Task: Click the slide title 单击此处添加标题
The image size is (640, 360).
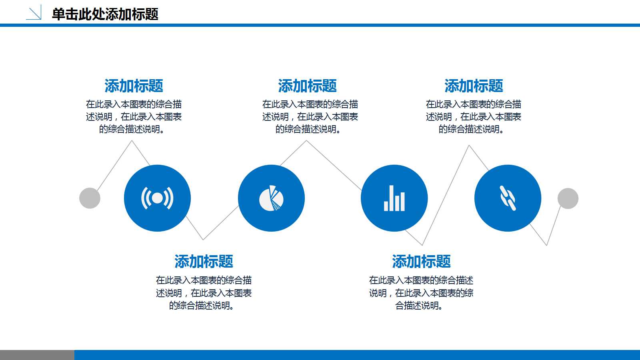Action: (x=105, y=14)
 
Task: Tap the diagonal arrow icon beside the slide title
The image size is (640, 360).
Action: (x=34, y=13)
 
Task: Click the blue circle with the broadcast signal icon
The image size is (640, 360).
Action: (x=157, y=198)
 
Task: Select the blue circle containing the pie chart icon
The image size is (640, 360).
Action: (x=271, y=198)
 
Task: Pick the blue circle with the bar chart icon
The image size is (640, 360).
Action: (x=394, y=198)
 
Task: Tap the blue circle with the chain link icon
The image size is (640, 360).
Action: (x=508, y=198)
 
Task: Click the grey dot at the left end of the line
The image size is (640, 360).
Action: (x=90, y=198)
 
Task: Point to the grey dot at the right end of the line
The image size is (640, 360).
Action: (x=568, y=198)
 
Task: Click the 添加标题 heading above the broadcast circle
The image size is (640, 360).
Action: (x=134, y=86)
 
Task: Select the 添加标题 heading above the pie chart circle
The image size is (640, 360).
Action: (x=307, y=86)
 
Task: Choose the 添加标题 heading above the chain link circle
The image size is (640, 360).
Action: (x=474, y=86)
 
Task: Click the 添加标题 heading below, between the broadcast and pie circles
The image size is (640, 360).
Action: (x=204, y=262)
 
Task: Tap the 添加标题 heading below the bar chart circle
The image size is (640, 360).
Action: (x=421, y=262)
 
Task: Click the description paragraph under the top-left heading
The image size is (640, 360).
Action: (x=134, y=116)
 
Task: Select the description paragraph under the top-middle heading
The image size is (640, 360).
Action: (x=310, y=116)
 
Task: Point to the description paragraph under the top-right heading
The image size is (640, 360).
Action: (x=474, y=116)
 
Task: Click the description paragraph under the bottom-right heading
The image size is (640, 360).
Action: (x=421, y=293)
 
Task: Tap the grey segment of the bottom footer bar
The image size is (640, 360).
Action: (x=37, y=355)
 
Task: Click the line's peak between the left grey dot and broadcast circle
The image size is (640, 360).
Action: (x=132, y=141)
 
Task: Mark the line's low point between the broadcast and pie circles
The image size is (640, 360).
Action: (x=203, y=239)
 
